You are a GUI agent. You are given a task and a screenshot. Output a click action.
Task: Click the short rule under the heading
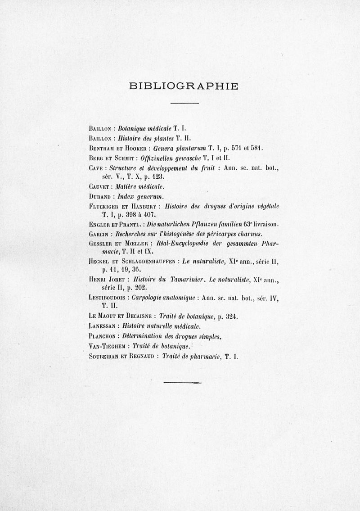(x=184, y=104)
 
